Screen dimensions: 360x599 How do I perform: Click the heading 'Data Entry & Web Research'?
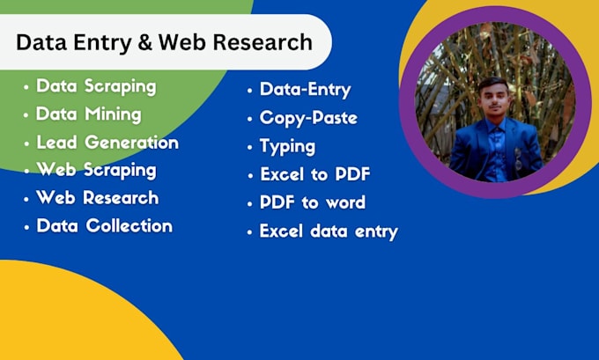(x=164, y=42)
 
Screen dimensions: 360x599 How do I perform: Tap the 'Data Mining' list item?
(x=88, y=114)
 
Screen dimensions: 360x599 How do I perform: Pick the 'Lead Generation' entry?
(x=107, y=143)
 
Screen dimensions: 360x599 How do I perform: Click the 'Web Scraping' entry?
(x=96, y=170)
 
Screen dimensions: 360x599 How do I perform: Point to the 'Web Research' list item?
(x=97, y=198)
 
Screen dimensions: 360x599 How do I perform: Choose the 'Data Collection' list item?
(x=104, y=226)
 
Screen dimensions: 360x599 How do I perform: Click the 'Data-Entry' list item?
(x=305, y=90)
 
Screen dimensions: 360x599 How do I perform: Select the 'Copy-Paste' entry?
(x=307, y=118)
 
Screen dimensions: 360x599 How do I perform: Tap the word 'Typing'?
(x=287, y=146)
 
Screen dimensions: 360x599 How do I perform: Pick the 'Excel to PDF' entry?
(x=314, y=174)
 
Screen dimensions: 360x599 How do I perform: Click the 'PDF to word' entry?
(x=312, y=202)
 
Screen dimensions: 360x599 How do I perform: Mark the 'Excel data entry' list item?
(x=329, y=231)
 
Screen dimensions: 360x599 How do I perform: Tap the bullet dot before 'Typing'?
(x=250, y=147)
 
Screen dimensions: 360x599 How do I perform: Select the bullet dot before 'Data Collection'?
(x=26, y=227)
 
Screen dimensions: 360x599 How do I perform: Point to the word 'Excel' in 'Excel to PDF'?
(x=280, y=174)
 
